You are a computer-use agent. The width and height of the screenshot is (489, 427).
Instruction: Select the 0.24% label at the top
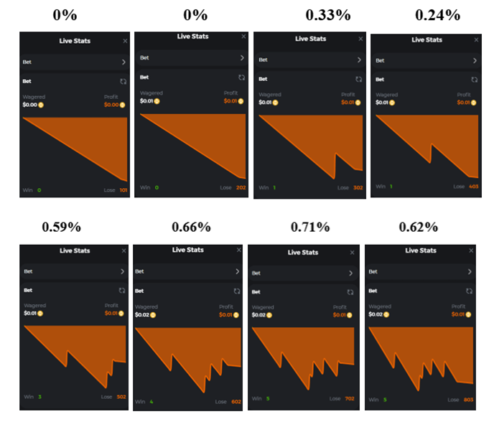pos(438,15)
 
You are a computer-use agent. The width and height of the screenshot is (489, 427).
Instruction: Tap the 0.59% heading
pos(61,227)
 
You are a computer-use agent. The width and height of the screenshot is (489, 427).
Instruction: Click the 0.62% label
pos(418,227)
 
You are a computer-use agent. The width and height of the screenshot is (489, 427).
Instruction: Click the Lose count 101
pos(123,190)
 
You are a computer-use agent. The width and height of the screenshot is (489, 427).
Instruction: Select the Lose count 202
pos(241,188)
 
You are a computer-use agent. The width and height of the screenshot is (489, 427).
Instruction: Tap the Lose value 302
pos(358,188)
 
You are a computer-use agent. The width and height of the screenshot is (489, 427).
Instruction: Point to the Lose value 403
pos(474,187)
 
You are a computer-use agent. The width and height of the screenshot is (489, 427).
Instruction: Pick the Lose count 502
pos(121,397)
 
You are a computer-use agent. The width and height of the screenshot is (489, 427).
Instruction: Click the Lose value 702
pos(350,398)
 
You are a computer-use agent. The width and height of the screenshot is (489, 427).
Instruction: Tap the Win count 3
pos(39,397)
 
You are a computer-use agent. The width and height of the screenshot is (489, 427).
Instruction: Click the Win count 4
pos(152,402)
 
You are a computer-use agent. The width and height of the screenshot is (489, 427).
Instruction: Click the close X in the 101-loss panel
pos(125,41)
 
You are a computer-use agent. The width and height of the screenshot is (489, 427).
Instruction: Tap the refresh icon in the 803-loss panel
pos(469,291)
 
